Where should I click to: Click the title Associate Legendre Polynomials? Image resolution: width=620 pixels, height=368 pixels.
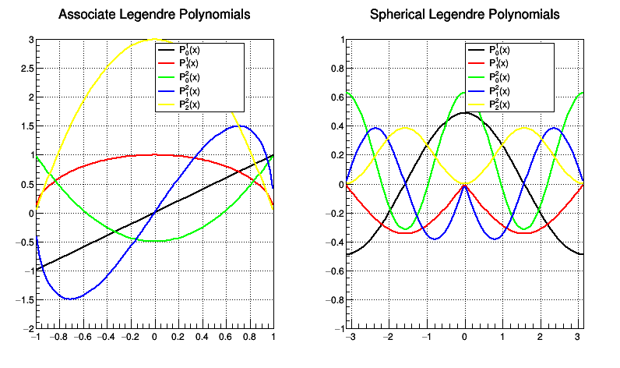(x=154, y=14)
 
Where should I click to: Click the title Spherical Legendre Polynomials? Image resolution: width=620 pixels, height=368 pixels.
(x=464, y=14)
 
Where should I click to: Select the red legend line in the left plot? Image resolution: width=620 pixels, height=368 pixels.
(x=167, y=63)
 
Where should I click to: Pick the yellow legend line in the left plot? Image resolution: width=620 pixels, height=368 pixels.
(x=167, y=104)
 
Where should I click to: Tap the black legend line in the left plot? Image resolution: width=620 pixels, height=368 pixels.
(x=167, y=49)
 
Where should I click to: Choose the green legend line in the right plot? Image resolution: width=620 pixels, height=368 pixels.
(x=477, y=76)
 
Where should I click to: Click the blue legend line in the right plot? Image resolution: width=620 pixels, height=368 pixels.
(x=477, y=90)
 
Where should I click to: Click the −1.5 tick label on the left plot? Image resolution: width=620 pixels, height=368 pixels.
(x=21, y=299)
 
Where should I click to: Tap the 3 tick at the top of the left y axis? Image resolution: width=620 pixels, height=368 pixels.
(x=29, y=40)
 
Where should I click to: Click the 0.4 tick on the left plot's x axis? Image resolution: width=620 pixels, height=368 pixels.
(x=202, y=338)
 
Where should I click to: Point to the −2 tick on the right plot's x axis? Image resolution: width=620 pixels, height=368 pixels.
(x=387, y=338)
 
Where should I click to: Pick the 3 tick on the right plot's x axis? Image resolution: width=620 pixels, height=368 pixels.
(x=577, y=338)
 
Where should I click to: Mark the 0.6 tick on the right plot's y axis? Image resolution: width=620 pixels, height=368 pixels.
(x=335, y=97)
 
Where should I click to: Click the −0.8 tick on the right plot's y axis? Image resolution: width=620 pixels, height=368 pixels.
(x=332, y=299)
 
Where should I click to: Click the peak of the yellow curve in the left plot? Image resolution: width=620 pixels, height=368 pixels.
(x=154, y=39)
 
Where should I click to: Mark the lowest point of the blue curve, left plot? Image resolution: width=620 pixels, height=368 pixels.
(x=70, y=299)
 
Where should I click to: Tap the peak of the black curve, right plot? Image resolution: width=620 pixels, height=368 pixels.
(x=464, y=112)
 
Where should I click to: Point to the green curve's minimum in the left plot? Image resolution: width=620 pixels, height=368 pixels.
(x=154, y=241)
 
